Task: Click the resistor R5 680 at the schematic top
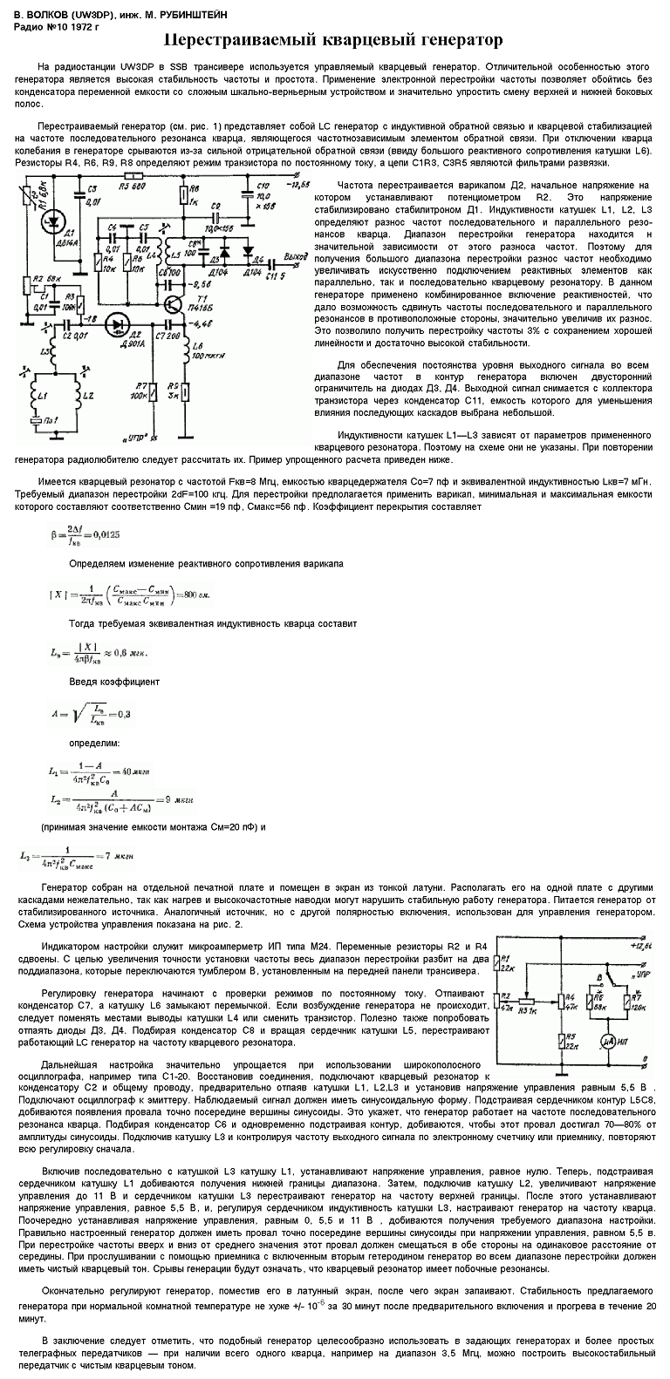pyautogui.click(x=133, y=184)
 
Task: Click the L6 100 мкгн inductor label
pyautogui.click(x=204, y=356)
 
